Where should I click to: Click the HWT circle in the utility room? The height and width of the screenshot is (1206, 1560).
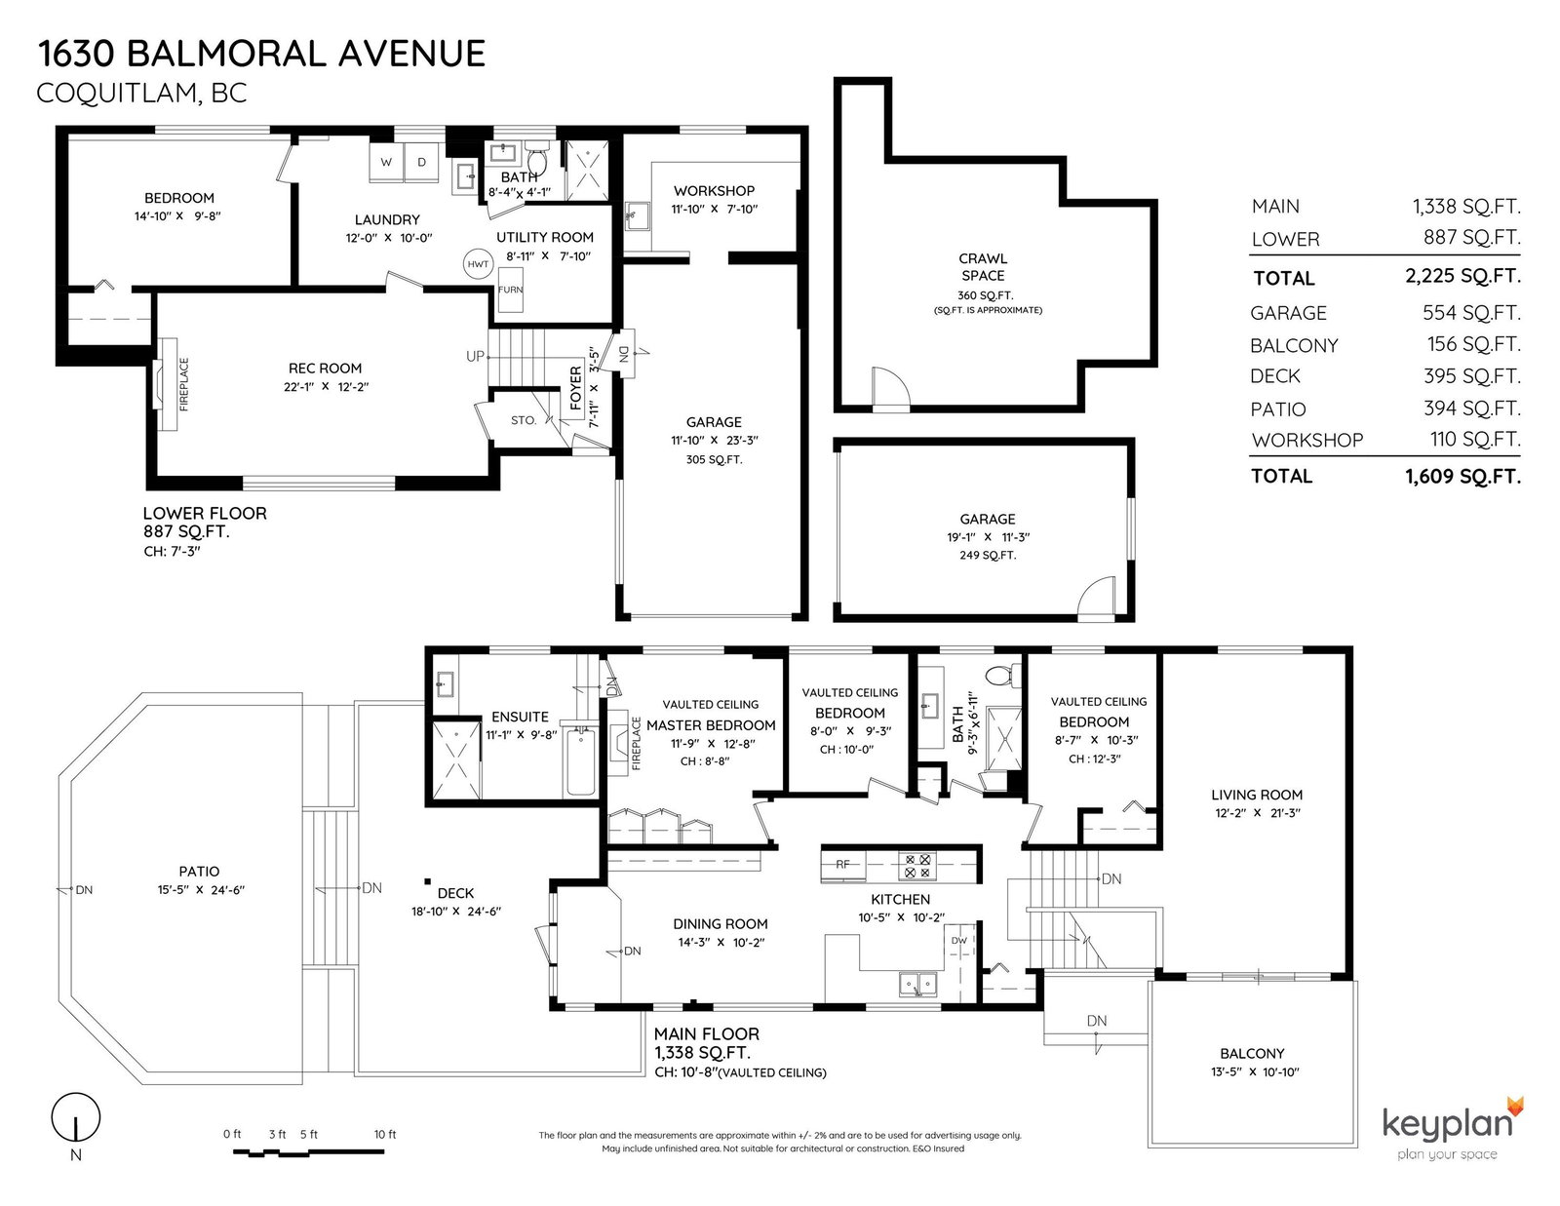point(478,263)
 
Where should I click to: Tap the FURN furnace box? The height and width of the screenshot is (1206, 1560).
point(511,290)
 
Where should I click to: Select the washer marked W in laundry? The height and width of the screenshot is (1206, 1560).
point(386,162)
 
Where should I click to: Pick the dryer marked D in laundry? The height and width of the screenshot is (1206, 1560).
point(421,162)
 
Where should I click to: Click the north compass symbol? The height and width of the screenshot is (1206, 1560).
point(75,1117)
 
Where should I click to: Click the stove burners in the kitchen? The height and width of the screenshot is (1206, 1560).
point(917,866)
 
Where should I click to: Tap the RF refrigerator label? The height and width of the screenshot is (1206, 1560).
point(842,865)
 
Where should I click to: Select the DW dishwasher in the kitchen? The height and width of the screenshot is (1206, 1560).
point(959,941)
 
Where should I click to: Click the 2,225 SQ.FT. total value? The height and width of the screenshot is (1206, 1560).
point(1462,276)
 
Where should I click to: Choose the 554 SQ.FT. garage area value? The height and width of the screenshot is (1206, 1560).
point(1471,313)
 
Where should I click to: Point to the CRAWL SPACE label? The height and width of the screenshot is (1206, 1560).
point(983,267)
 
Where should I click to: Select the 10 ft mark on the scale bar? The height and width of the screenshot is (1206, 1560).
point(385,1134)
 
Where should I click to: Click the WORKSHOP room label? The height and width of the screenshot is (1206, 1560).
point(715,191)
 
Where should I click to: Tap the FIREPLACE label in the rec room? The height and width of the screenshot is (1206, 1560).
point(183,385)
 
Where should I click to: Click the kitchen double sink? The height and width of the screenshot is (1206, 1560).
point(918,983)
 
